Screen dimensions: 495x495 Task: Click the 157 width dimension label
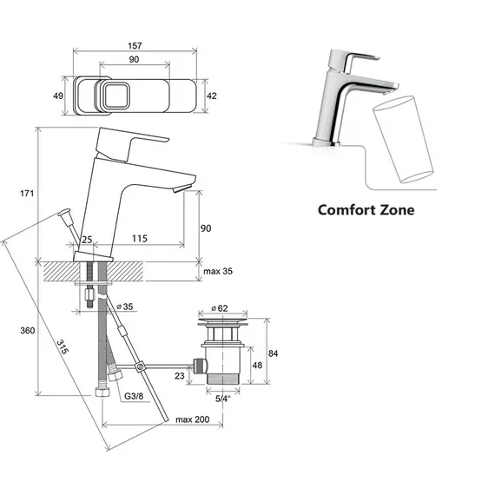tap(135, 46)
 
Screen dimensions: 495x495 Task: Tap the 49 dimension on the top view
tap(58, 96)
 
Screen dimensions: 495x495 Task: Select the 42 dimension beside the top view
tap(212, 96)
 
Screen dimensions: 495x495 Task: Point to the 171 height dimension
tap(27, 193)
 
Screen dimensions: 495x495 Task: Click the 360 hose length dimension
tap(28, 331)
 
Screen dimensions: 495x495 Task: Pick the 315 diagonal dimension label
tap(63, 346)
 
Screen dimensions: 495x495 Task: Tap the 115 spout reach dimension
tap(140, 238)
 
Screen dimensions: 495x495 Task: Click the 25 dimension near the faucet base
tap(87, 240)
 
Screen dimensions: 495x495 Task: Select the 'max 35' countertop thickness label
tap(218, 271)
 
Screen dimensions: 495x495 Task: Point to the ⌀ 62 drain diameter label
tap(220, 308)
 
